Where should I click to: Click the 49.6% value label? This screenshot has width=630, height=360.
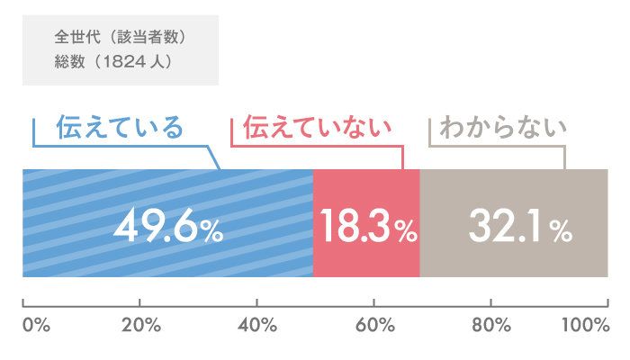(168, 229)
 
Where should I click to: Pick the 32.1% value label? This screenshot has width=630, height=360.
(520, 229)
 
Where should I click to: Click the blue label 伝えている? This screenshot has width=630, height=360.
(119, 128)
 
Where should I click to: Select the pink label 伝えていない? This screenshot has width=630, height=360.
(319, 128)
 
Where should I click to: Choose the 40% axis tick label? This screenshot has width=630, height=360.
(258, 325)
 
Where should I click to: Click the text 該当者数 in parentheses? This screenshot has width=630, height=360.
(148, 40)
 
